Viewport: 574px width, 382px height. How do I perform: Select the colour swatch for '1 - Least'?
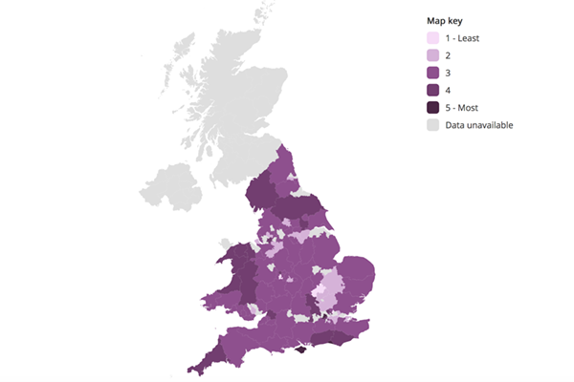[433, 38]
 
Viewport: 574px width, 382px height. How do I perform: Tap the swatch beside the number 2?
[433, 55]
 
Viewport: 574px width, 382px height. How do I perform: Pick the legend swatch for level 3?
[433, 73]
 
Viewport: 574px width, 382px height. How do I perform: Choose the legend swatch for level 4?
[433, 90]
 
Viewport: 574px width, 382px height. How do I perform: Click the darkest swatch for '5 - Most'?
[433, 107]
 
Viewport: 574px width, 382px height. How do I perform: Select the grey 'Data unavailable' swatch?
[433, 124]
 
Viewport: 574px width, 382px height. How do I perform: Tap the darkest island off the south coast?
[301, 350]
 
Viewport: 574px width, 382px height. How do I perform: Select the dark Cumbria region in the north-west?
[259, 191]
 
